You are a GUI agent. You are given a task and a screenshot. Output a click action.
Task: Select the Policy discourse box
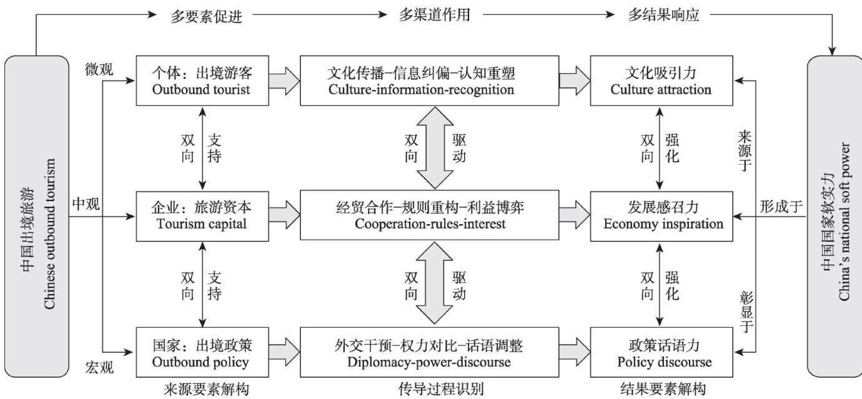(x=663, y=353)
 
